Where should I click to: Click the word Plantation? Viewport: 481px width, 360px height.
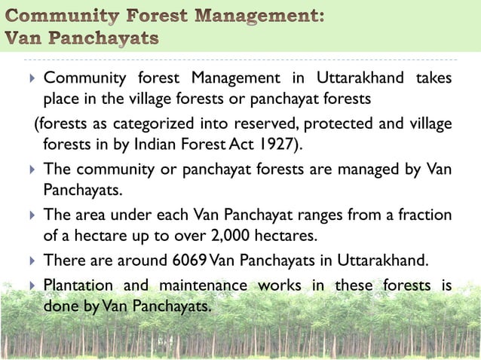(x=78, y=285)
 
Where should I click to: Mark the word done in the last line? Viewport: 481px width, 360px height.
(x=59, y=307)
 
